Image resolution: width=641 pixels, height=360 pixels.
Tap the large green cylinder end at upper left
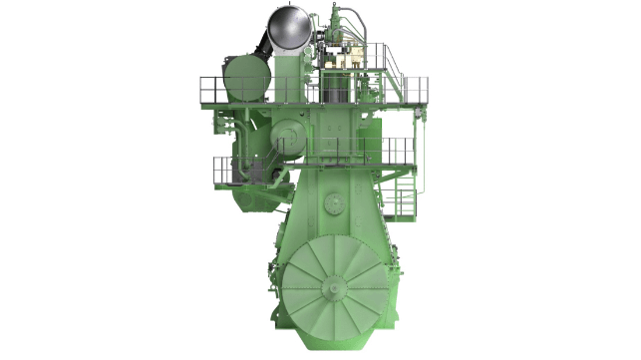pyautogui.click(x=247, y=79)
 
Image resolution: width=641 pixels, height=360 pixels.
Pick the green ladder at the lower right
pyautogui.click(x=405, y=194)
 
